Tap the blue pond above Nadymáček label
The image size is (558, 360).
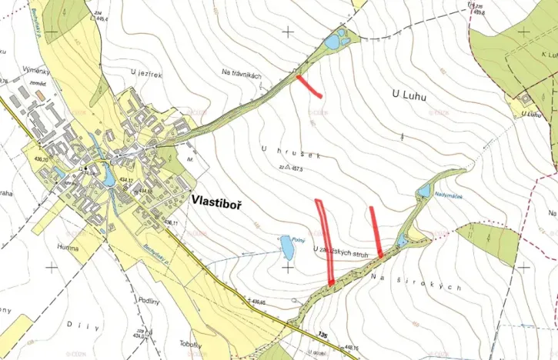pos(423,189)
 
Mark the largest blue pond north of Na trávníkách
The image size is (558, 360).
pos(332,42)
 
